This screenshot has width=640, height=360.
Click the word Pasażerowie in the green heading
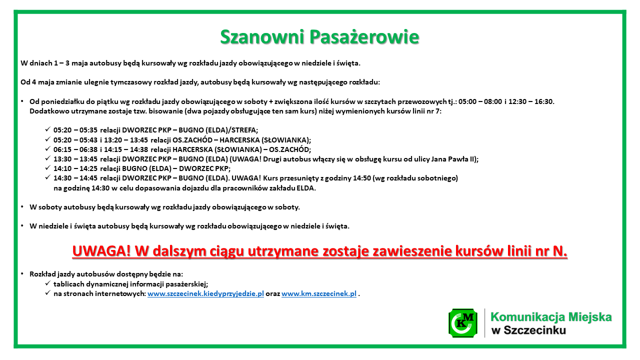364,37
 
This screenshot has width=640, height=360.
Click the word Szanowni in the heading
262,37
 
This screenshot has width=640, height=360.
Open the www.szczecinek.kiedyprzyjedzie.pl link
205,293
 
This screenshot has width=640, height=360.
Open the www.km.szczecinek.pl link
319,293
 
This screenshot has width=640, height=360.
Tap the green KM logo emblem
463,323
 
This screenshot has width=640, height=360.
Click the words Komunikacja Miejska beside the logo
551,317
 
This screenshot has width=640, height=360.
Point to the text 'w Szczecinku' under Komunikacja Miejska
528,330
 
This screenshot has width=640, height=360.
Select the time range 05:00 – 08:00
480,101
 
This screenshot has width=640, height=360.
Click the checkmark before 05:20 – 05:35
47,129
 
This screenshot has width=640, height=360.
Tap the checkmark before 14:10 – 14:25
47,168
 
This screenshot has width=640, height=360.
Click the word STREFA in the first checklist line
243,130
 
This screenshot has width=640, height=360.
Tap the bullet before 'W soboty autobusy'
22,207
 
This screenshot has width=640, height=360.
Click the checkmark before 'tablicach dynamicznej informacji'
47,283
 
